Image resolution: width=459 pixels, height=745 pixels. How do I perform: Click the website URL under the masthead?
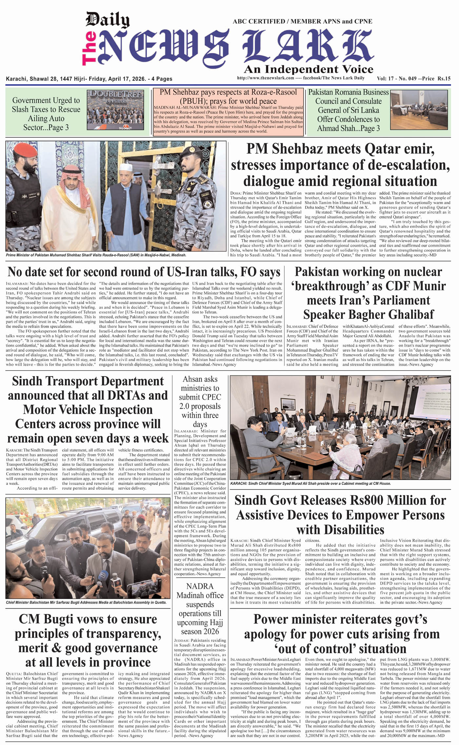click(265, 78)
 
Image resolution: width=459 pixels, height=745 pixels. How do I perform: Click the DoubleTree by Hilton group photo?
click(116, 110)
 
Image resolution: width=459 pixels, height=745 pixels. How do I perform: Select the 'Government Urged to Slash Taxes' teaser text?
click(46, 114)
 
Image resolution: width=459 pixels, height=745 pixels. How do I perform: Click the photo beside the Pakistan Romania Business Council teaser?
click(419, 110)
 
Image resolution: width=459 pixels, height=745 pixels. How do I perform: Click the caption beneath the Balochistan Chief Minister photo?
click(86, 602)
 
